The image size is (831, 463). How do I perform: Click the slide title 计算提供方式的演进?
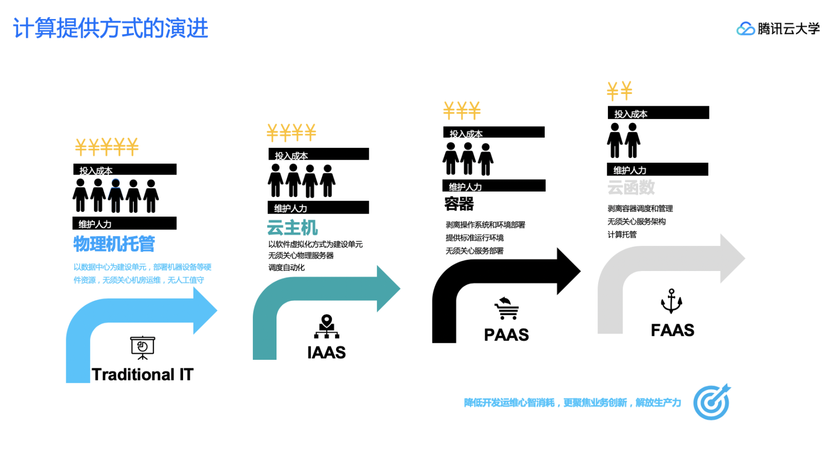pos(110,28)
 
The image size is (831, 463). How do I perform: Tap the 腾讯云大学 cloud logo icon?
pos(745,29)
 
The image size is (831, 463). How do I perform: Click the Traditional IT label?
pos(143,375)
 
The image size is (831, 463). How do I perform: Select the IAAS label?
pos(326,353)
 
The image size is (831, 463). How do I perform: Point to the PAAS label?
pos(506,335)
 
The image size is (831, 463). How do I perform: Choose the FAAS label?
pos(672,330)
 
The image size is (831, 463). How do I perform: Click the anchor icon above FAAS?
pos(671,301)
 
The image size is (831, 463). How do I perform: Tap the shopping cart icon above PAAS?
pos(506,308)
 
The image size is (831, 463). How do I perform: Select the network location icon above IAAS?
pos(327,326)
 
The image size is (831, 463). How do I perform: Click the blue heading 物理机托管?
pos(114,244)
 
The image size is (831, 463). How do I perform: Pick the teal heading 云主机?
pos(292,227)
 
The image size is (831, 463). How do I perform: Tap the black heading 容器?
pos(459,204)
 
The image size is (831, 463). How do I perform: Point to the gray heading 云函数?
pos(631,187)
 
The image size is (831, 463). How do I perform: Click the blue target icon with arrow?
pos(711,402)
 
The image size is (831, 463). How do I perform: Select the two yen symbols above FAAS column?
pos(620,91)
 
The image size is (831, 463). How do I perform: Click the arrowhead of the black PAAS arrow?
pos(568,271)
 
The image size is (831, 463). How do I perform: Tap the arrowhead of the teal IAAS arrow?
pos(388,288)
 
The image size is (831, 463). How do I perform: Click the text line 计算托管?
pos(622,235)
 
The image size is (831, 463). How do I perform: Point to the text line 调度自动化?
pos(286,267)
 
